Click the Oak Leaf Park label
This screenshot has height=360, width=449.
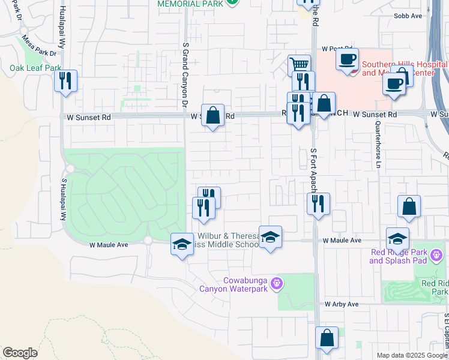pos(36,68)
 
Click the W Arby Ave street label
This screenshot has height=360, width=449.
pos(342,304)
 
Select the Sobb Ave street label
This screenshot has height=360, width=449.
pos(408,16)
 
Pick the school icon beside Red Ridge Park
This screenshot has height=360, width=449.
pos(397,238)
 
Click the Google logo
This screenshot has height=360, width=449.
pos(20,353)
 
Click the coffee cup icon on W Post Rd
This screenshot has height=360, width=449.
pos(347,59)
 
